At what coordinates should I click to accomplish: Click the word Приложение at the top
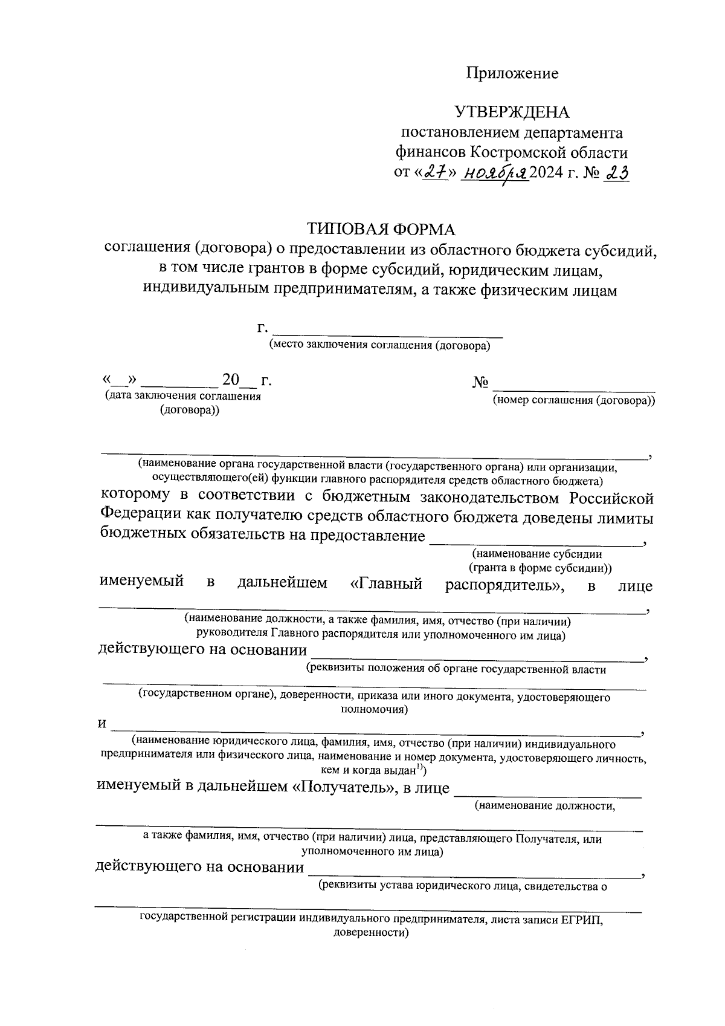click(x=512, y=74)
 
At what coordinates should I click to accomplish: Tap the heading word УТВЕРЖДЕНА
click(x=512, y=112)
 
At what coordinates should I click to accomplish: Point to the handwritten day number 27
click(x=434, y=173)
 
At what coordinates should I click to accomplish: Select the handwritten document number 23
click(x=617, y=173)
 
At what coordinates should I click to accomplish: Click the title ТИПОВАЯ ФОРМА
click(x=381, y=229)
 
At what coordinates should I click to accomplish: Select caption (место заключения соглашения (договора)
click(x=379, y=346)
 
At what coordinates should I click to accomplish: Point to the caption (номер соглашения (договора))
click(x=573, y=400)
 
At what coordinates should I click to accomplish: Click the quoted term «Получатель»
click(x=344, y=787)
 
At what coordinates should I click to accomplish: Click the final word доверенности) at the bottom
click(x=372, y=933)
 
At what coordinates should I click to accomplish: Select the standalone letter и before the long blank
click(x=102, y=724)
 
